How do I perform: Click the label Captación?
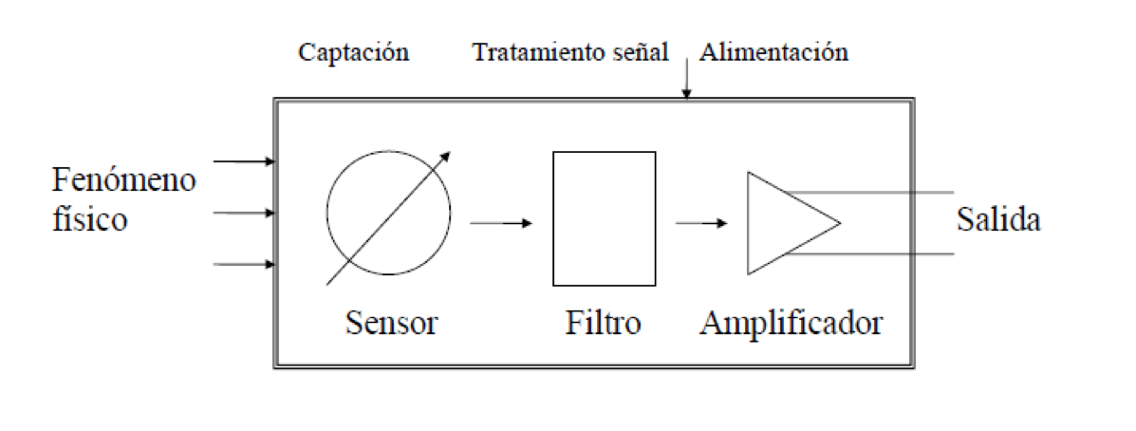tap(353, 52)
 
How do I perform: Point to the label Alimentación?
tap(773, 52)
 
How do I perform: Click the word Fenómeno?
tap(124, 179)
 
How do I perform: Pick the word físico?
tap(89, 220)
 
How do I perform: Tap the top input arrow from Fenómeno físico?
tap(243, 162)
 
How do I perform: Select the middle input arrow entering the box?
tap(243, 214)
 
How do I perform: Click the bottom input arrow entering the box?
tap(243, 264)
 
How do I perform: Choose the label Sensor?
tap(392, 323)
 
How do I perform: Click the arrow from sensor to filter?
tap(501, 223)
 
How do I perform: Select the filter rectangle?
tap(604, 218)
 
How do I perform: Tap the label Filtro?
tap(597, 323)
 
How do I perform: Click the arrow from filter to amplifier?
tap(701, 223)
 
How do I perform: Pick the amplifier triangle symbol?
tap(788, 223)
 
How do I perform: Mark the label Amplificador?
tap(791, 323)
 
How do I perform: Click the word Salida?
tap(998, 220)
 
